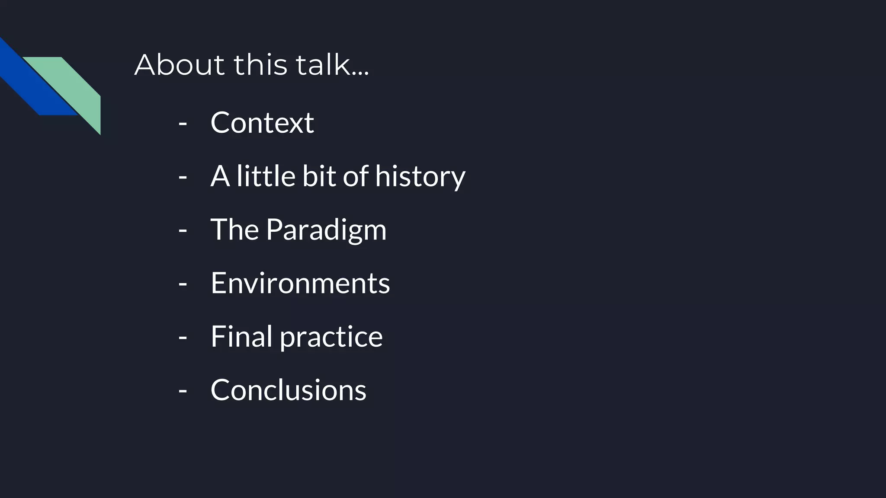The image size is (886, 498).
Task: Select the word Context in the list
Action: [x=262, y=123]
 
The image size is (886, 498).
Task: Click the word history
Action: [x=420, y=176]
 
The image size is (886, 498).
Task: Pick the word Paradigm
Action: [x=326, y=230]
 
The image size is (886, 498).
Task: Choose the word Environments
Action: [x=300, y=283]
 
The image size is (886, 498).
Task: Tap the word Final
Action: [x=241, y=336]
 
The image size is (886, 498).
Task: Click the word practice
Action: [x=331, y=337]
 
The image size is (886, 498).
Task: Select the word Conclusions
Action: [x=288, y=390]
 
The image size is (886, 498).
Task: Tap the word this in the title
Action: [x=260, y=65]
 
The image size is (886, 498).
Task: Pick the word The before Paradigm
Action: [x=234, y=230]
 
